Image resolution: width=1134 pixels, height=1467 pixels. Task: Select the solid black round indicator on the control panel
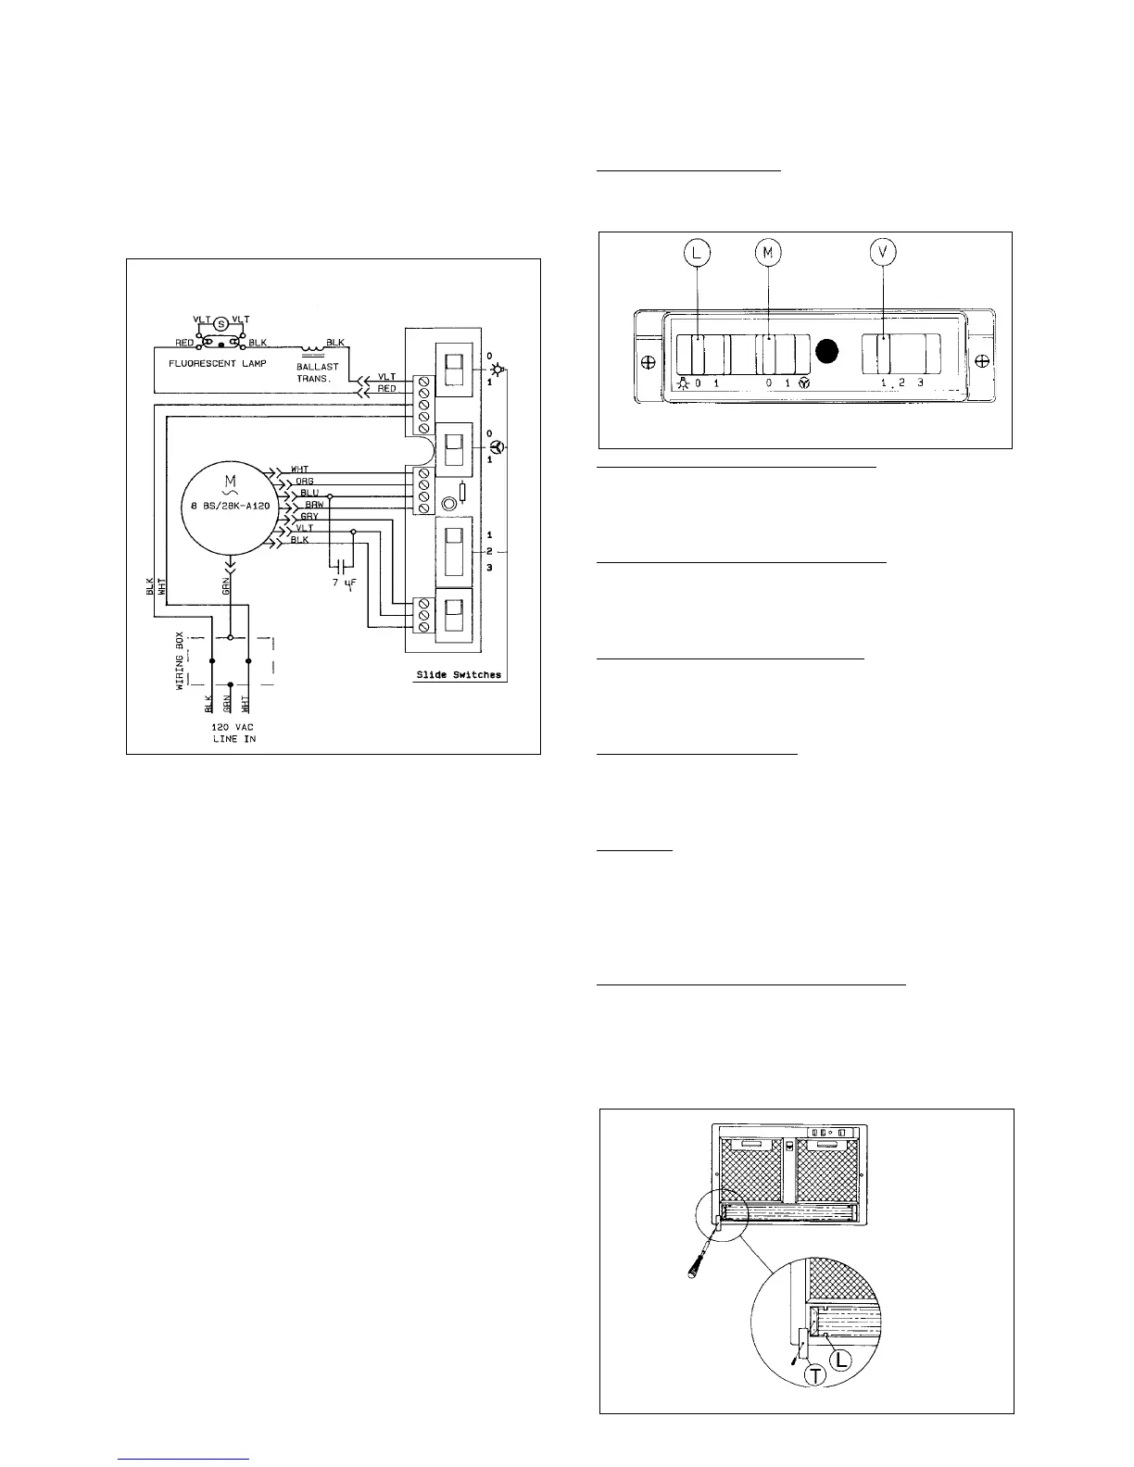point(829,350)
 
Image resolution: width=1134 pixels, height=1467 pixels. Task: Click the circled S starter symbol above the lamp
point(220,324)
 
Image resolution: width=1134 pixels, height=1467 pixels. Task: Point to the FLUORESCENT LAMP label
point(217,363)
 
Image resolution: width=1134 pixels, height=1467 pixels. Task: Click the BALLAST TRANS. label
point(318,373)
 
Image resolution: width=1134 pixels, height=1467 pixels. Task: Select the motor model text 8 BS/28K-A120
point(227,505)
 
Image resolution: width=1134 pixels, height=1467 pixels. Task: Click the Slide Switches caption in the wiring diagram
point(458,675)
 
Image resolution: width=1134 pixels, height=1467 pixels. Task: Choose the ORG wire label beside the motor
point(304,481)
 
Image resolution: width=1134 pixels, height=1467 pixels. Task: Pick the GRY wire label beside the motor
point(309,516)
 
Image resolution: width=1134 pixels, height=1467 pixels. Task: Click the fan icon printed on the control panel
point(804,382)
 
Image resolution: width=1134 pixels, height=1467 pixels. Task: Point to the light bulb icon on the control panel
point(683,382)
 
